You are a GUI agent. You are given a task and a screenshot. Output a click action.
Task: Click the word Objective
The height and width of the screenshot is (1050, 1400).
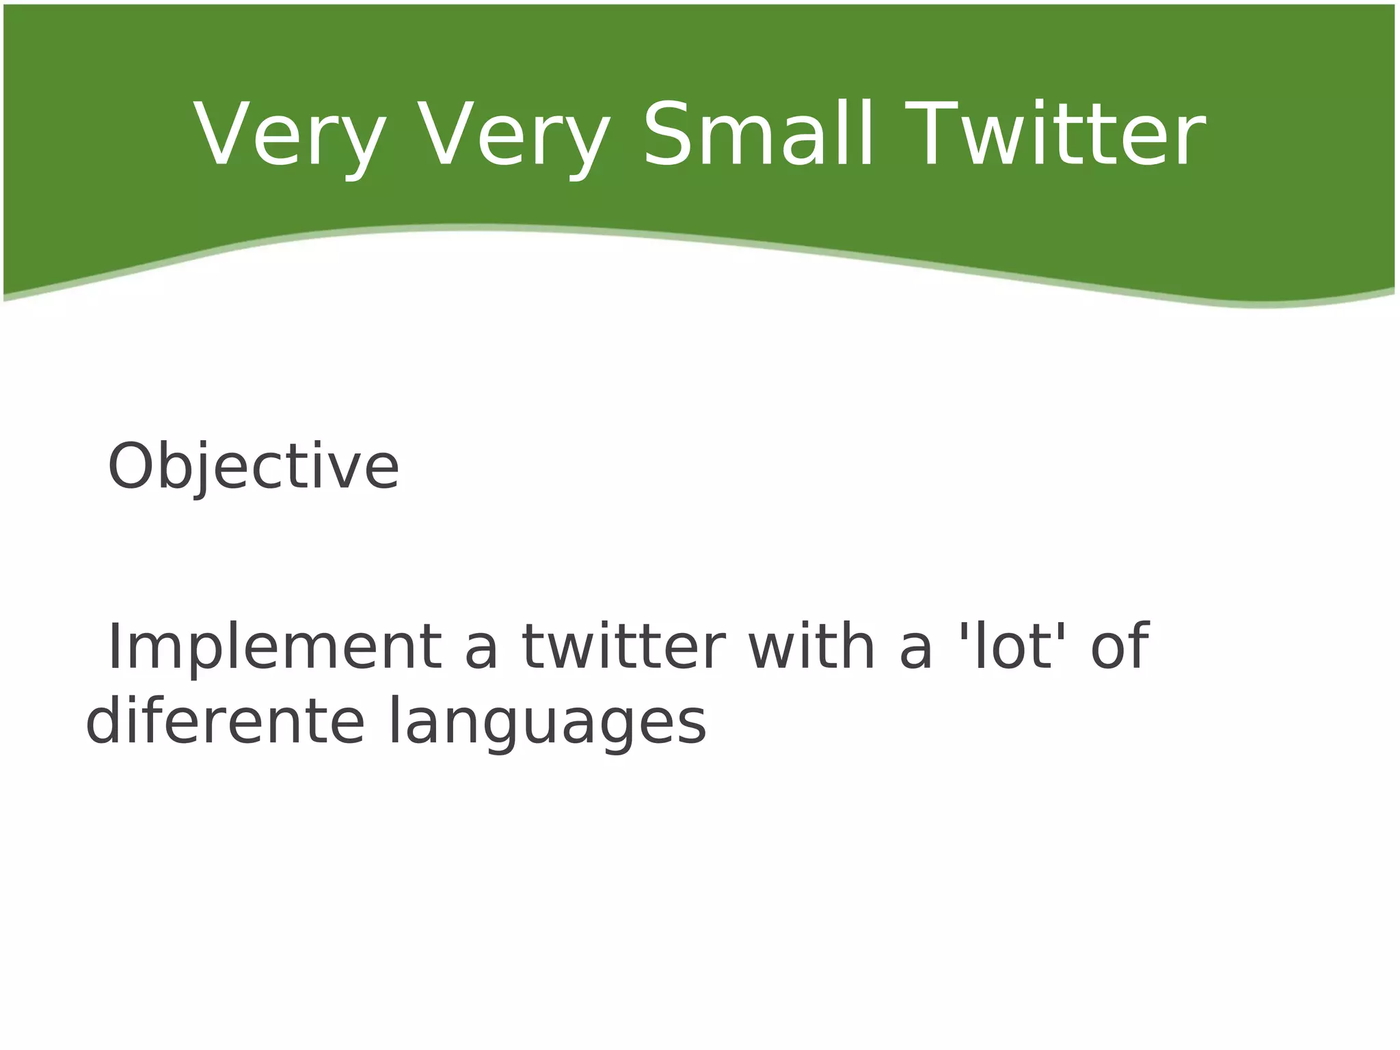point(253,468)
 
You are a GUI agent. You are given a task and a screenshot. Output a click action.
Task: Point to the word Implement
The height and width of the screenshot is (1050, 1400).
point(274,648)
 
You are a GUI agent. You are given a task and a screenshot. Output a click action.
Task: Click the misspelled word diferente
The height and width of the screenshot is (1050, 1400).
point(226,722)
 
